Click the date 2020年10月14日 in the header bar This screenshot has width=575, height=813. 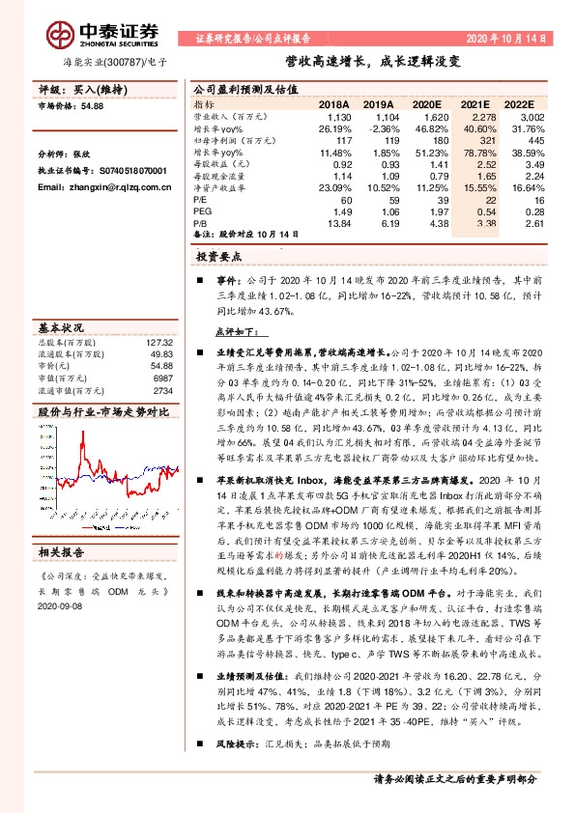(x=512, y=40)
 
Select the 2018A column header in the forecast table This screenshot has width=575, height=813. (x=333, y=102)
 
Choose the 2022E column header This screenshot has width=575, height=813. (x=518, y=102)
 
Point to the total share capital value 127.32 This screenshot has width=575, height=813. (x=159, y=343)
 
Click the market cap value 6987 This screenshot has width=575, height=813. (x=162, y=378)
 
